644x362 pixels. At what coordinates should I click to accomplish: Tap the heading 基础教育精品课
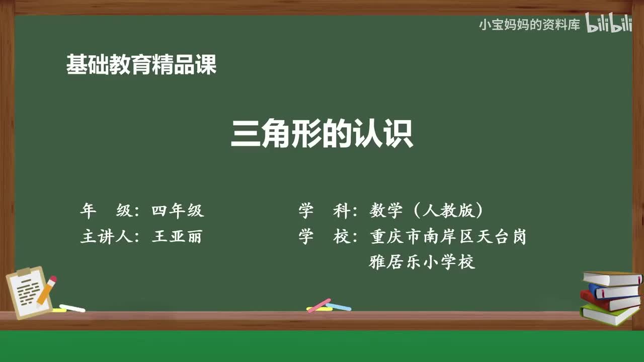(x=141, y=65)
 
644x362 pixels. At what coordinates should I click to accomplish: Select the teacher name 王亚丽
(x=177, y=236)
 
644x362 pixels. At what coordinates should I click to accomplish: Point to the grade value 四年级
(x=178, y=211)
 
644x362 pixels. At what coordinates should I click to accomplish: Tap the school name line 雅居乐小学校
(x=422, y=262)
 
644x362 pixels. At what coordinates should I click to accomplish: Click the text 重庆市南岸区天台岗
(x=448, y=236)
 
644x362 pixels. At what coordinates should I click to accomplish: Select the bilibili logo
(x=608, y=25)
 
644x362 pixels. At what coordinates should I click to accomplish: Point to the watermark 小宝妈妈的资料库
(x=529, y=25)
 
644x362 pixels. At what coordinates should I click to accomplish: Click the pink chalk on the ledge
(x=319, y=305)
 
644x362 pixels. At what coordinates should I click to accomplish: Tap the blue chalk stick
(x=339, y=306)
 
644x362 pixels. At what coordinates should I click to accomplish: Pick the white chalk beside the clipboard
(x=72, y=308)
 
